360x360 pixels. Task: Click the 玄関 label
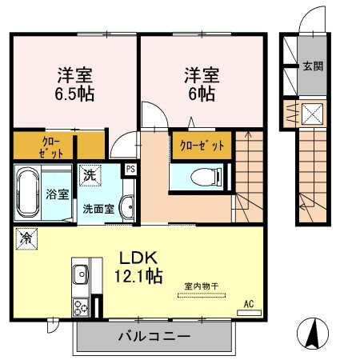point(312,66)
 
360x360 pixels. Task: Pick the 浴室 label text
point(56,193)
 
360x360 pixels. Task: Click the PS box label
point(130,169)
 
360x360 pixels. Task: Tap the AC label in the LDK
point(248,303)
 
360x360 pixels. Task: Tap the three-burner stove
point(81,306)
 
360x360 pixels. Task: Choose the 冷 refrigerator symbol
point(26,238)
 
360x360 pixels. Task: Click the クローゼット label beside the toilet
point(202,146)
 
